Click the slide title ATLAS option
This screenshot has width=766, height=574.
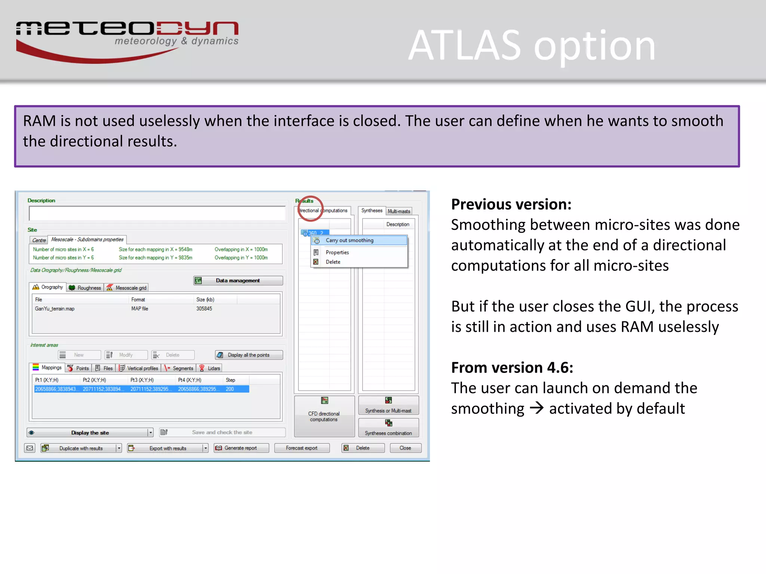531,46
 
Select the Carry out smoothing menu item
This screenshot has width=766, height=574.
349,240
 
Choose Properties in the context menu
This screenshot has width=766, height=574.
337,252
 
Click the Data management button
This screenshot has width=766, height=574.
238,281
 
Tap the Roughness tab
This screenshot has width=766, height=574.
85,287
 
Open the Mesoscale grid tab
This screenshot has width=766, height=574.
127,287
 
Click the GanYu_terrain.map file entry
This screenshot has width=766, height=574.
55,309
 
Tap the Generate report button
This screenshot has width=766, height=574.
241,448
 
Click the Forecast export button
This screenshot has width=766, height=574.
301,448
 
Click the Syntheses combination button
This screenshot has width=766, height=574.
388,428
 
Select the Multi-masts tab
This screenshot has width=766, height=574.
399,211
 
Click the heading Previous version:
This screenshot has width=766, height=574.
511,204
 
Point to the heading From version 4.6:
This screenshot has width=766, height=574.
512,368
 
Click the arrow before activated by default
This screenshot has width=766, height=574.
537,408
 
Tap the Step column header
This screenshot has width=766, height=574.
230,380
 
